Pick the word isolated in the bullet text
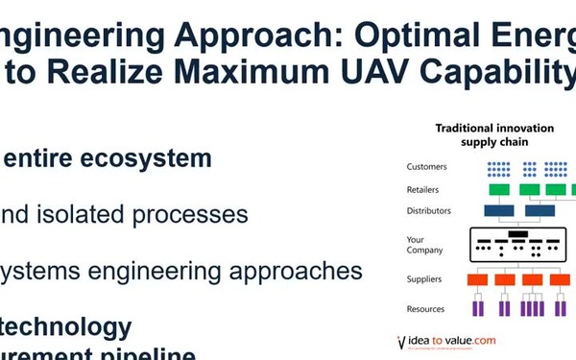(x=92, y=214)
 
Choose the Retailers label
(x=425, y=189)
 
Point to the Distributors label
(x=430, y=210)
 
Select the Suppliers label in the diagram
(x=425, y=280)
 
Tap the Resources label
(x=426, y=309)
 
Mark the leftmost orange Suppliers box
(x=478, y=280)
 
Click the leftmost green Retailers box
(x=498, y=190)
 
